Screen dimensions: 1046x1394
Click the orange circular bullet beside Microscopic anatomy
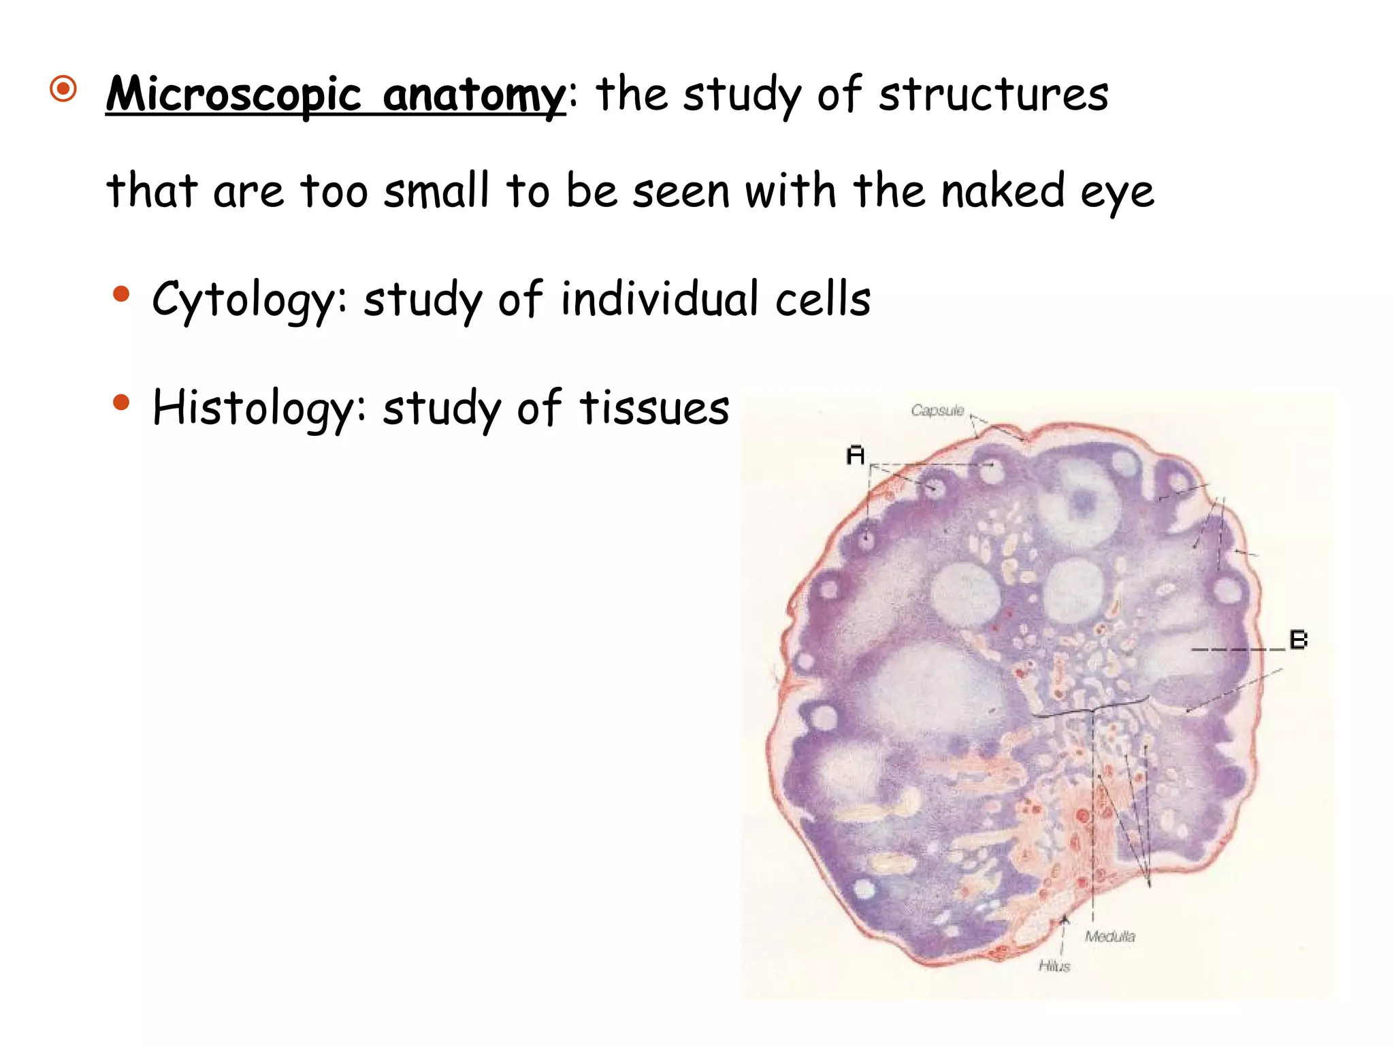[63, 89]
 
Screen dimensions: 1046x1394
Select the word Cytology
[243, 300]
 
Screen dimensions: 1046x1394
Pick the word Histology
[253, 409]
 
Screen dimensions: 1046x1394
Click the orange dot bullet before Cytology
[121, 294]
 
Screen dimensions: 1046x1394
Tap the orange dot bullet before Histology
[121, 402]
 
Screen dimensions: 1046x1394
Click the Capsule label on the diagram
[937, 411]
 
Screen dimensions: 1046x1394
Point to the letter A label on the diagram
[856, 455]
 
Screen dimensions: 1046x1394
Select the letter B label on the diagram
[1298, 640]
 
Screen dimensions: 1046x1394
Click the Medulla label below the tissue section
[1109, 937]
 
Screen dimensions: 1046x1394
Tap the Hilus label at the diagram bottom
[1054, 966]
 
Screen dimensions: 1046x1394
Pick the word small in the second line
[436, 190]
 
